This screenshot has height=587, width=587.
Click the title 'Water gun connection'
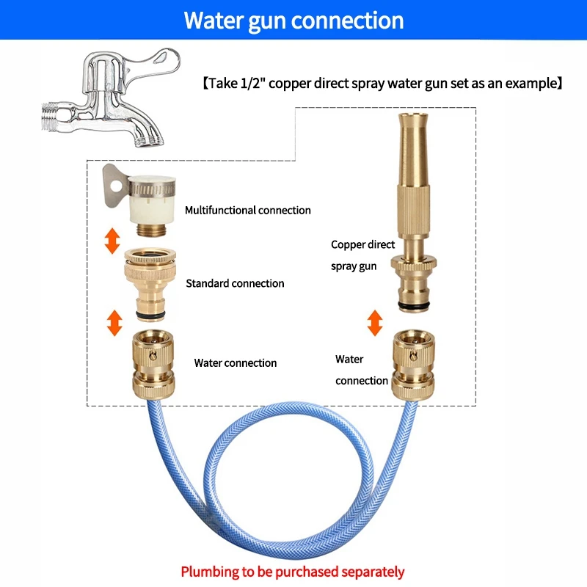click(293, 20)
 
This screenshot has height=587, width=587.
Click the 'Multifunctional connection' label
click(247, 211)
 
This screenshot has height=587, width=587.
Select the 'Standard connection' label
click(235, 283)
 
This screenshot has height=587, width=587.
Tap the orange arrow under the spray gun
click(374, 323)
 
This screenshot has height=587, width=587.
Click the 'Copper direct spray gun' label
click(363, 255)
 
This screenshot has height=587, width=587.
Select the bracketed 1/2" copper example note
click(382, 83)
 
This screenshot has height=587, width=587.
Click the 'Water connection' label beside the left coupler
click(235, 363)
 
